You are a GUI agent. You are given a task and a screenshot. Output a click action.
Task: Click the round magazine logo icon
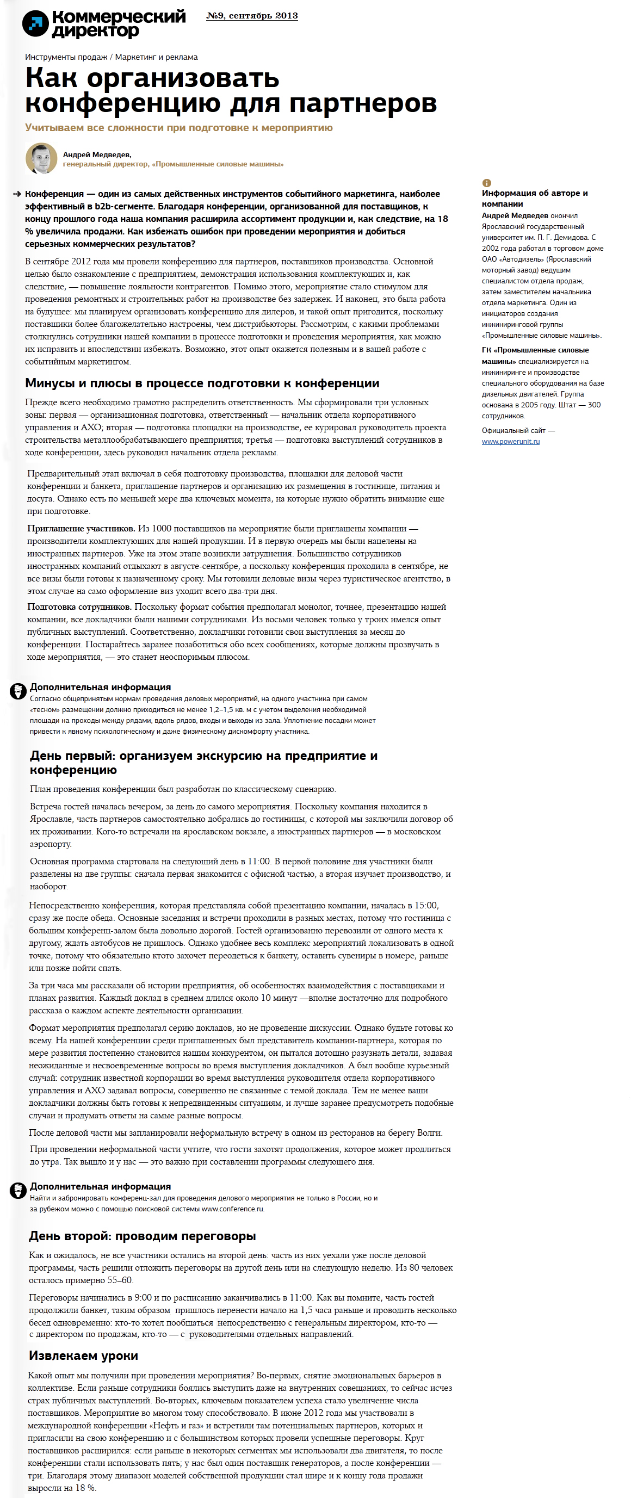click(x=35, y=23)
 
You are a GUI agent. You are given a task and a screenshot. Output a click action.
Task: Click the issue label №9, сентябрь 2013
click(x=252, y=16)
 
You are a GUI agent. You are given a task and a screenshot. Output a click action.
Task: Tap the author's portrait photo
click(x=41, y=158)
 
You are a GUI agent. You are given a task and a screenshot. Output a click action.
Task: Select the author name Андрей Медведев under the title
click(x=96, y=154)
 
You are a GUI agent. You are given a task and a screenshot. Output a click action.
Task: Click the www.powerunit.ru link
click(x=510, y=441)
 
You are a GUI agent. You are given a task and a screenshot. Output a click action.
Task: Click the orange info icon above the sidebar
click(x=487, y=183)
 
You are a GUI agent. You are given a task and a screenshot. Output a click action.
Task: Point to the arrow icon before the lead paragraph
click(x=17, y=194)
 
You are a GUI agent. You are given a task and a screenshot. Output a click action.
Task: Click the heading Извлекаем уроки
click(x=83, y=1355)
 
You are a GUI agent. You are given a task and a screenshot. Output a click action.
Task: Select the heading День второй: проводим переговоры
click(x=142, y=1236)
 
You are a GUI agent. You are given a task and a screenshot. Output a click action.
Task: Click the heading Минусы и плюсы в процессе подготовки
click(x=202, y=383)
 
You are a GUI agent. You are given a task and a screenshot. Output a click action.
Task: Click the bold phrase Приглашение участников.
click(x=81, y=529)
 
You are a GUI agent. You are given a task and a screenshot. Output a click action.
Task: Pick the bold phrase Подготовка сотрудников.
click(x=79, y=606)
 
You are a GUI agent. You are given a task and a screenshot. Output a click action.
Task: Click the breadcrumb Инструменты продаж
click(x=66, y=57)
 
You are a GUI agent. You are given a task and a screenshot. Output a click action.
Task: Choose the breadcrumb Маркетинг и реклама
click(x=157, y=57)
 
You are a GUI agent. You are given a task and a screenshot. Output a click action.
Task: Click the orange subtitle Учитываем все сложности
click(x=178, y=127)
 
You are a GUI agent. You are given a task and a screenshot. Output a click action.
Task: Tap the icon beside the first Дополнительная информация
click(x=18, y=691)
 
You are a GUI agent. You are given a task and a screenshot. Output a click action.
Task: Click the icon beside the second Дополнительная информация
click(x=18, y=1190)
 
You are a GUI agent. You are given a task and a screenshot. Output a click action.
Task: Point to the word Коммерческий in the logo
click(x=119, y=17)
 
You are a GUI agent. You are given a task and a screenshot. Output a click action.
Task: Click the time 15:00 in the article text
click(x=426, y=906)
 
